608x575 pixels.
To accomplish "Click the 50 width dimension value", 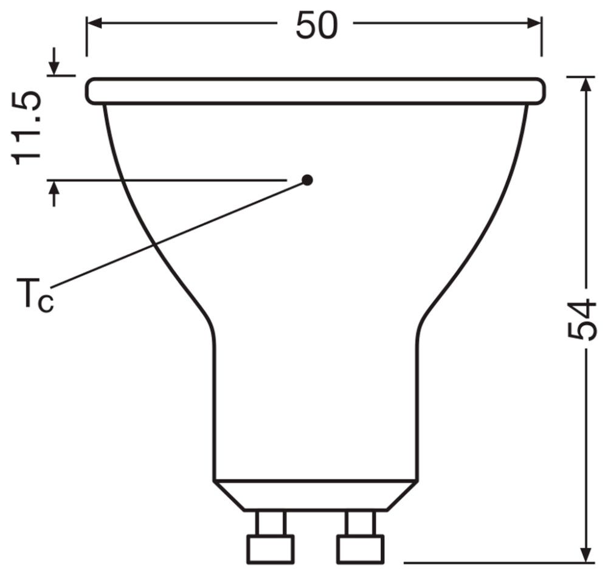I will [316, 26].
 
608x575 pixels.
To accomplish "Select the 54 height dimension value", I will [581, 320].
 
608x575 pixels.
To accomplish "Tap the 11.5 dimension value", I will [28, 128].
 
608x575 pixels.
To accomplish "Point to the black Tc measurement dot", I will [308, 180].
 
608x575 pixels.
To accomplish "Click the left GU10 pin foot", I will [270, 548].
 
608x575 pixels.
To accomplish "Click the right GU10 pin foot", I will [361, 548].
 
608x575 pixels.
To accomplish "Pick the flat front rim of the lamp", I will [315, 91].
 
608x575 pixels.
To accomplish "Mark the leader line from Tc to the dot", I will [176, 233].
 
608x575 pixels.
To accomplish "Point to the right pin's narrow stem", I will [361, 522].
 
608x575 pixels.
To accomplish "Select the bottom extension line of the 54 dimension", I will [486, 563].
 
